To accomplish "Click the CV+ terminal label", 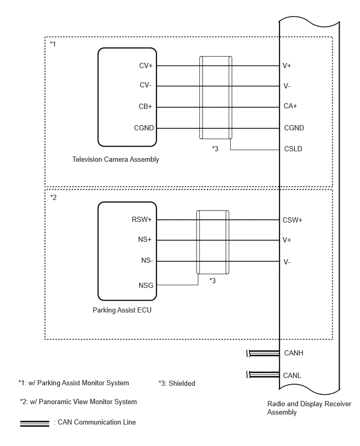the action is coord(146,66).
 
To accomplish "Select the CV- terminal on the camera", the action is coord(145,85).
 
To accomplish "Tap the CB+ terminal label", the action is coord(145,106).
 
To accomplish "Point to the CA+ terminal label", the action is coord(290,106).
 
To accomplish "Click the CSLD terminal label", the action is coord(293,149).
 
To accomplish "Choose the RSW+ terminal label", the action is coord(142,219).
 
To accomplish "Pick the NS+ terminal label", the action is coord(145,240).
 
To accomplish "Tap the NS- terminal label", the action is coord(147,260).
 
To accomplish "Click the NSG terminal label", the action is coord(146,285).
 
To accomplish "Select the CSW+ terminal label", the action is coord(292,220).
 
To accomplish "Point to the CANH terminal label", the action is coord(294,353).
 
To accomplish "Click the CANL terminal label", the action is coord(292,375).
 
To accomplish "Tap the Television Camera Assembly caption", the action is coord(116,159).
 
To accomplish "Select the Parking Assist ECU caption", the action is coord(122,310).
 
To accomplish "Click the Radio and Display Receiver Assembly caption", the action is coord(309,408).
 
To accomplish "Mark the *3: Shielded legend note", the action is coord(177,383).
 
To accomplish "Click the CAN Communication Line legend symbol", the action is coord(35,423).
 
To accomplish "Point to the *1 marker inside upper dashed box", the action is coord(53,44).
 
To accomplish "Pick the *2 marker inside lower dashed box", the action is coord(53,197).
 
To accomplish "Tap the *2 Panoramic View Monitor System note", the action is coord(78,402).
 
